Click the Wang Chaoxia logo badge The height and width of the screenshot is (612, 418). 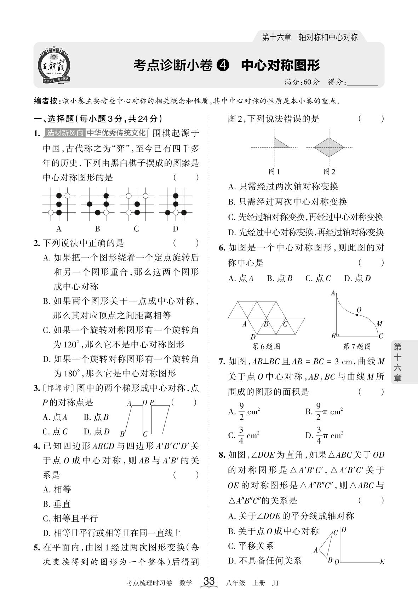pyautogui.click(x=55, y=66)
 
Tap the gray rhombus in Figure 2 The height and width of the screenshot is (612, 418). pyautogui.click(x=329, y=147)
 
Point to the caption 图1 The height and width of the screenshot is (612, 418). pyautogui.click(x=274, y=172)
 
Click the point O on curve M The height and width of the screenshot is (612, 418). pyautogui.click(x=357, y=314)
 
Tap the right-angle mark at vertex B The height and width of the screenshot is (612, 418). pyautogui.click(x=338, y=334)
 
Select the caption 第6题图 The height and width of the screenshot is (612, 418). pyautogui.click(x=266, y=346)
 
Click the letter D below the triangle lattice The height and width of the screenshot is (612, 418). pyautogui.click(x=253, y=336)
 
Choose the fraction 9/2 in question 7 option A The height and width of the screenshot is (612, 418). pyautogui.click(x=241, y=412)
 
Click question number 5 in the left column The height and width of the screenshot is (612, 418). pyautogui.click(x=36, y=548)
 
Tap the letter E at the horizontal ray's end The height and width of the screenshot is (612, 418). pyautogui.click(x=382, y=561)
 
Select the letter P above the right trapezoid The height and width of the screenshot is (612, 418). pyautogui.click(x=152, y=402)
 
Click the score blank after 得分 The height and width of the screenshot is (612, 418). pyautogui.click(x=362, y=82)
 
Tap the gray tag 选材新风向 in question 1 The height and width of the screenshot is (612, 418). pyautogui.click(x=65, y=133)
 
